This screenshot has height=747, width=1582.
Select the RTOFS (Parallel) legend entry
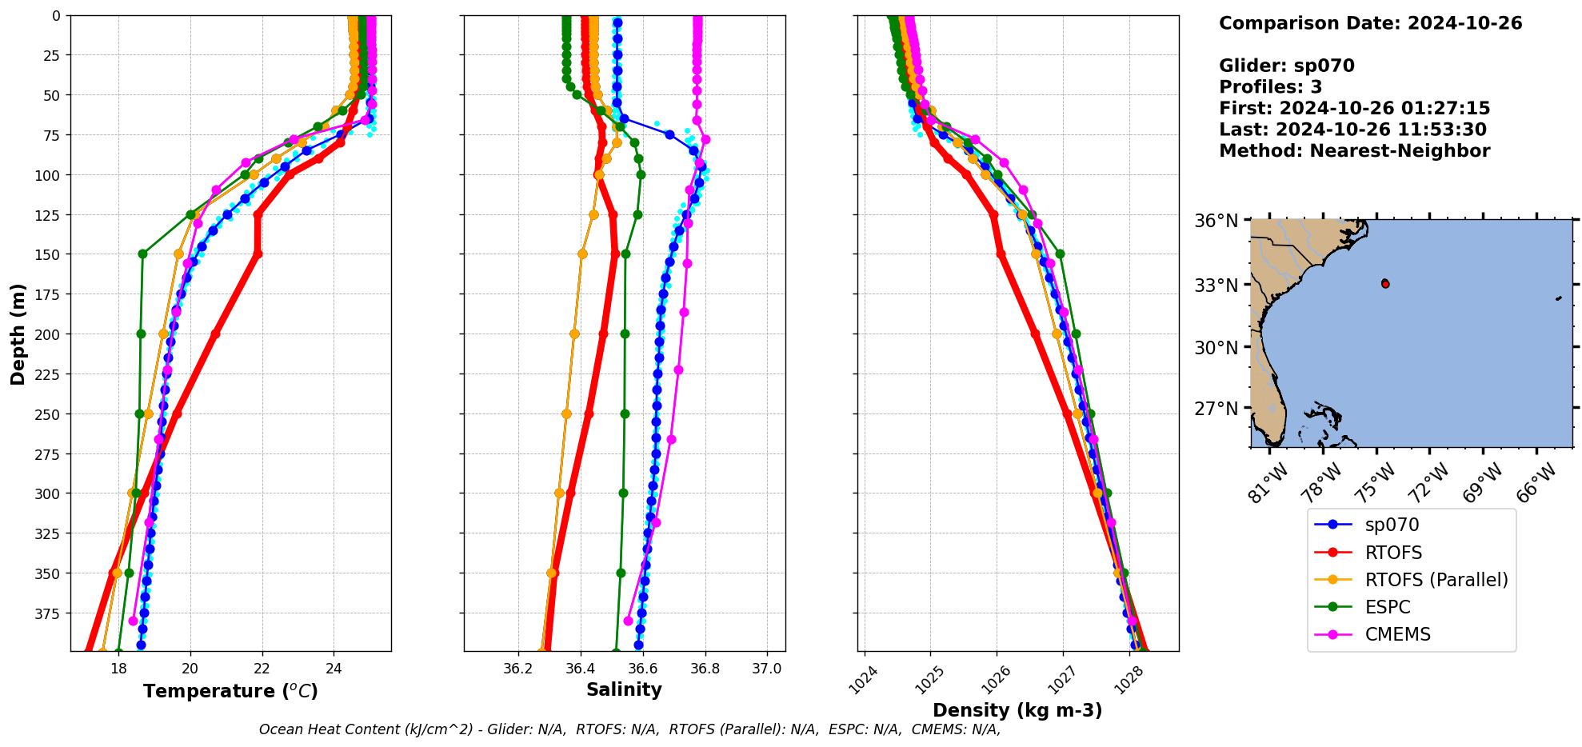(x=1436, y=580)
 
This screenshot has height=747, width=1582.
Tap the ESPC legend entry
(x=1388, y=607)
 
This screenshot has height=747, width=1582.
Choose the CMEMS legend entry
(x=1397, y=634)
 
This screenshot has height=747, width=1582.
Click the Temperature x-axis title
(x=230, y=691)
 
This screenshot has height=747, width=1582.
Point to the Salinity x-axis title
(x=624, y=689)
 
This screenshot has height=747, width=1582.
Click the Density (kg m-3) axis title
(x=1017, y=710)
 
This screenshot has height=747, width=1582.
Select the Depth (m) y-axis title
(x=18, y=334)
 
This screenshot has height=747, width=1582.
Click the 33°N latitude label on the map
(x=1216, y=286)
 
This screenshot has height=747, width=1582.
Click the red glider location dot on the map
(x=1385, y=284)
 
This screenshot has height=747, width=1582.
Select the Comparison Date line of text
(x=1370, y=23)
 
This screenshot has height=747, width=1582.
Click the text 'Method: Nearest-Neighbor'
(x=1354, y=151)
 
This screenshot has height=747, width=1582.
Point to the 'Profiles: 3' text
(x=1270, y=87)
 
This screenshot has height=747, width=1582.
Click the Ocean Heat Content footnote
(x=629, y=729)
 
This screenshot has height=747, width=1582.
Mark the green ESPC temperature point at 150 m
(x=142, y=254)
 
